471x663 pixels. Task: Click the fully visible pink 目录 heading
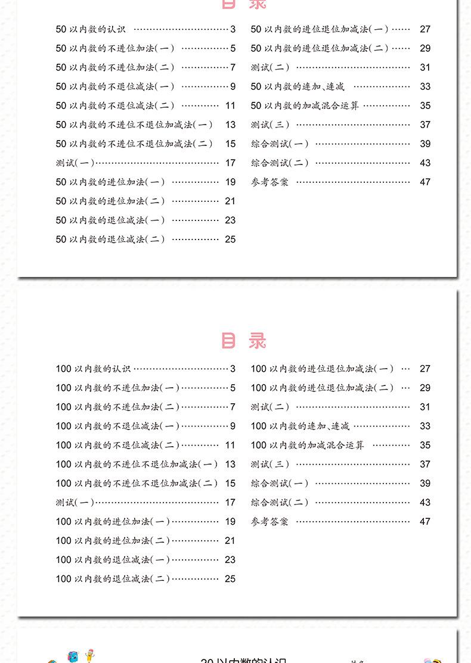click(x=243, y=341)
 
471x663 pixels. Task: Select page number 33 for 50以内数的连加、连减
click(x=424, y=86)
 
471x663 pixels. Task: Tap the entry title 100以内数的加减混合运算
click(x=307, y=445)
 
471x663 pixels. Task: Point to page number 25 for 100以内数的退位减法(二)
click(x=230, y=578)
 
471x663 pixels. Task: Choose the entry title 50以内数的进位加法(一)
click(x=110, y=182)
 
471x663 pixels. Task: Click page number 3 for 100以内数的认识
click(x=233, y=369)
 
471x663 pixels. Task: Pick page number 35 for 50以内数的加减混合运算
click(x=424, y=105)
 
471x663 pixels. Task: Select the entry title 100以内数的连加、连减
click(x=300, y=426)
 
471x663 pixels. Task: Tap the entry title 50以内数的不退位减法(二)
click(x=115, y=105)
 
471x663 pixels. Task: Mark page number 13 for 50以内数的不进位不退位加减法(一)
click(x=230, y=124)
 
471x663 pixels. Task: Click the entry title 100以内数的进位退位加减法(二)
click(x=322, y=388)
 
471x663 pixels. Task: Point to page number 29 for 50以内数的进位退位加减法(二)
click(x=424, y=48)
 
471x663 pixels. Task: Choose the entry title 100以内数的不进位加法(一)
click(x=117, y=388)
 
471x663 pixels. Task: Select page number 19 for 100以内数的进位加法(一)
click(x=230, y=521)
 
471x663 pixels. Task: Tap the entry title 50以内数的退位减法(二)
click(x=110, y=239)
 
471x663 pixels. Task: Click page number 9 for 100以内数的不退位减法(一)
click(x=233, y=426)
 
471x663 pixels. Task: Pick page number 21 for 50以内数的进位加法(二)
click(x=230, y=201)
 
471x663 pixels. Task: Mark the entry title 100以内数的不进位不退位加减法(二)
click(x=137, y=483)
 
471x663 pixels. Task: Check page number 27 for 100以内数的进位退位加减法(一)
click(x=424, y=369)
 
